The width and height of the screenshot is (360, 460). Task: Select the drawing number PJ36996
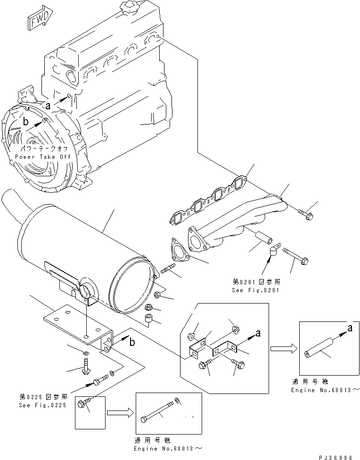[336, 455]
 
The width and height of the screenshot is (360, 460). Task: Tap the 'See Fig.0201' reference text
[255, 290]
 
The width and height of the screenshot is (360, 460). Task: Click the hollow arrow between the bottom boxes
[119, 413]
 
